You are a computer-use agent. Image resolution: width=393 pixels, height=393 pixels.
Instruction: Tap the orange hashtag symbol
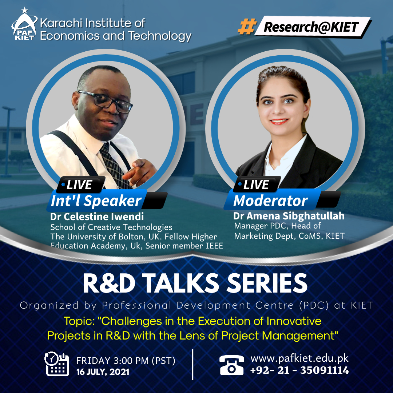point(247,26)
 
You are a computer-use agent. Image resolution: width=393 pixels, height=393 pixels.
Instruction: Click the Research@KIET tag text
point(311,27)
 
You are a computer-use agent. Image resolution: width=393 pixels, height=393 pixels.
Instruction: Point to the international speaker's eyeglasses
point(106,101)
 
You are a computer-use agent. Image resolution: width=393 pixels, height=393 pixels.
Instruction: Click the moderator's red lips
point(279,122)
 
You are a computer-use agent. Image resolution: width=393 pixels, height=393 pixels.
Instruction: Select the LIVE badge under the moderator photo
point(256,184)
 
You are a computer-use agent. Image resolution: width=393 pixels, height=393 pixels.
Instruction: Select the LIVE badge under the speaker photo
point(80,184)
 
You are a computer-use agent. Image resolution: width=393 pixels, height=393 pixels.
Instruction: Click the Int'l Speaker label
point(96,201)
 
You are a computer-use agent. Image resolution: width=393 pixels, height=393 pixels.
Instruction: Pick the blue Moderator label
point(271,201)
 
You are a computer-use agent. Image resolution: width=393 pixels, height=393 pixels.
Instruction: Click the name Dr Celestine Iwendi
point(97,217)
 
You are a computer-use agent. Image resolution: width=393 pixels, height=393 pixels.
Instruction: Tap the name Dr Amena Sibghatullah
point(289,216)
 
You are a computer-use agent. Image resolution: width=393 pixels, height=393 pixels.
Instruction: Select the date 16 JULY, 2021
point(103,372)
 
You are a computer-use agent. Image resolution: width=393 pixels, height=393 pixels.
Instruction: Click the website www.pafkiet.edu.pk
point(299,358)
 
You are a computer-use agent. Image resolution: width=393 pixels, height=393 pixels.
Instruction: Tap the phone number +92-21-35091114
point(299,370)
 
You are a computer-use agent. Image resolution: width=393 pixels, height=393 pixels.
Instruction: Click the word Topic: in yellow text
point(79,321)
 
